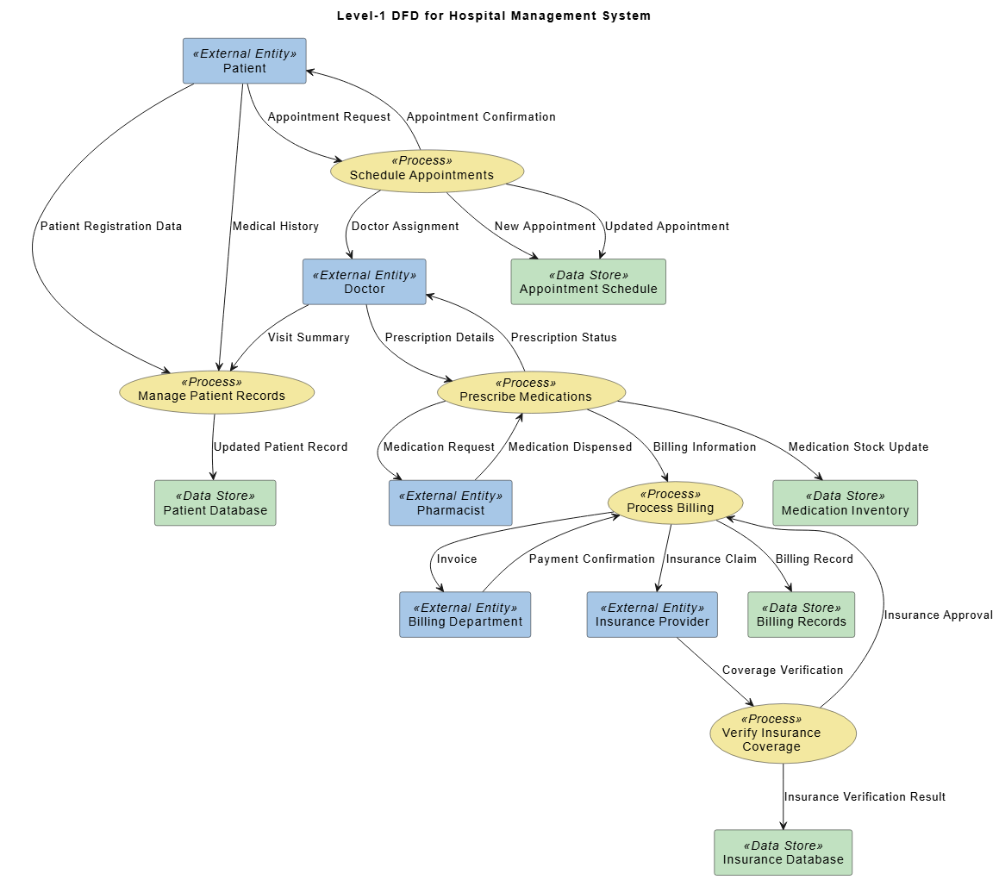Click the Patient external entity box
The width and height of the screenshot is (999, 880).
244,61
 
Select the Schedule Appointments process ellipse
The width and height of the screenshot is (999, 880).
427,171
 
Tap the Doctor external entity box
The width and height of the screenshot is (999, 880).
364,282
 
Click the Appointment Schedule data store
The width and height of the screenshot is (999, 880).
588,282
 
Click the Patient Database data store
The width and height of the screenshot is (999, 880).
215,503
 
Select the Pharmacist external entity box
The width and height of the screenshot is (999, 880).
450,503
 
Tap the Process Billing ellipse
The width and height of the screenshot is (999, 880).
675,503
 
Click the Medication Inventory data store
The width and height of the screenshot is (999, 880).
845,503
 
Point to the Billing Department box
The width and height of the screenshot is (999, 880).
465,615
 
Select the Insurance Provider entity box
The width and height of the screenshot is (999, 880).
652,615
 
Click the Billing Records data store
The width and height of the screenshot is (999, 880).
801,615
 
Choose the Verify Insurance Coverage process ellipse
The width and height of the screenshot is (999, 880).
783,733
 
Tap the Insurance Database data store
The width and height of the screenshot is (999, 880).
783,852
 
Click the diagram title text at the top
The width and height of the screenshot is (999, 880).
494,16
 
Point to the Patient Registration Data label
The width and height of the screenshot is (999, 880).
111,227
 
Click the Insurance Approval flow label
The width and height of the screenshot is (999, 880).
938,615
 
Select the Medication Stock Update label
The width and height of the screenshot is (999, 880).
859,447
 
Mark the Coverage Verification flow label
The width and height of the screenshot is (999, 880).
783,671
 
